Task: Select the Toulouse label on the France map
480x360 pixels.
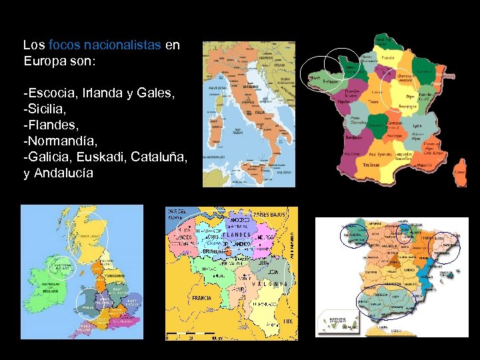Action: coord(372,165)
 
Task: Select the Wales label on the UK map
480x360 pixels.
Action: coord(87,308)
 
